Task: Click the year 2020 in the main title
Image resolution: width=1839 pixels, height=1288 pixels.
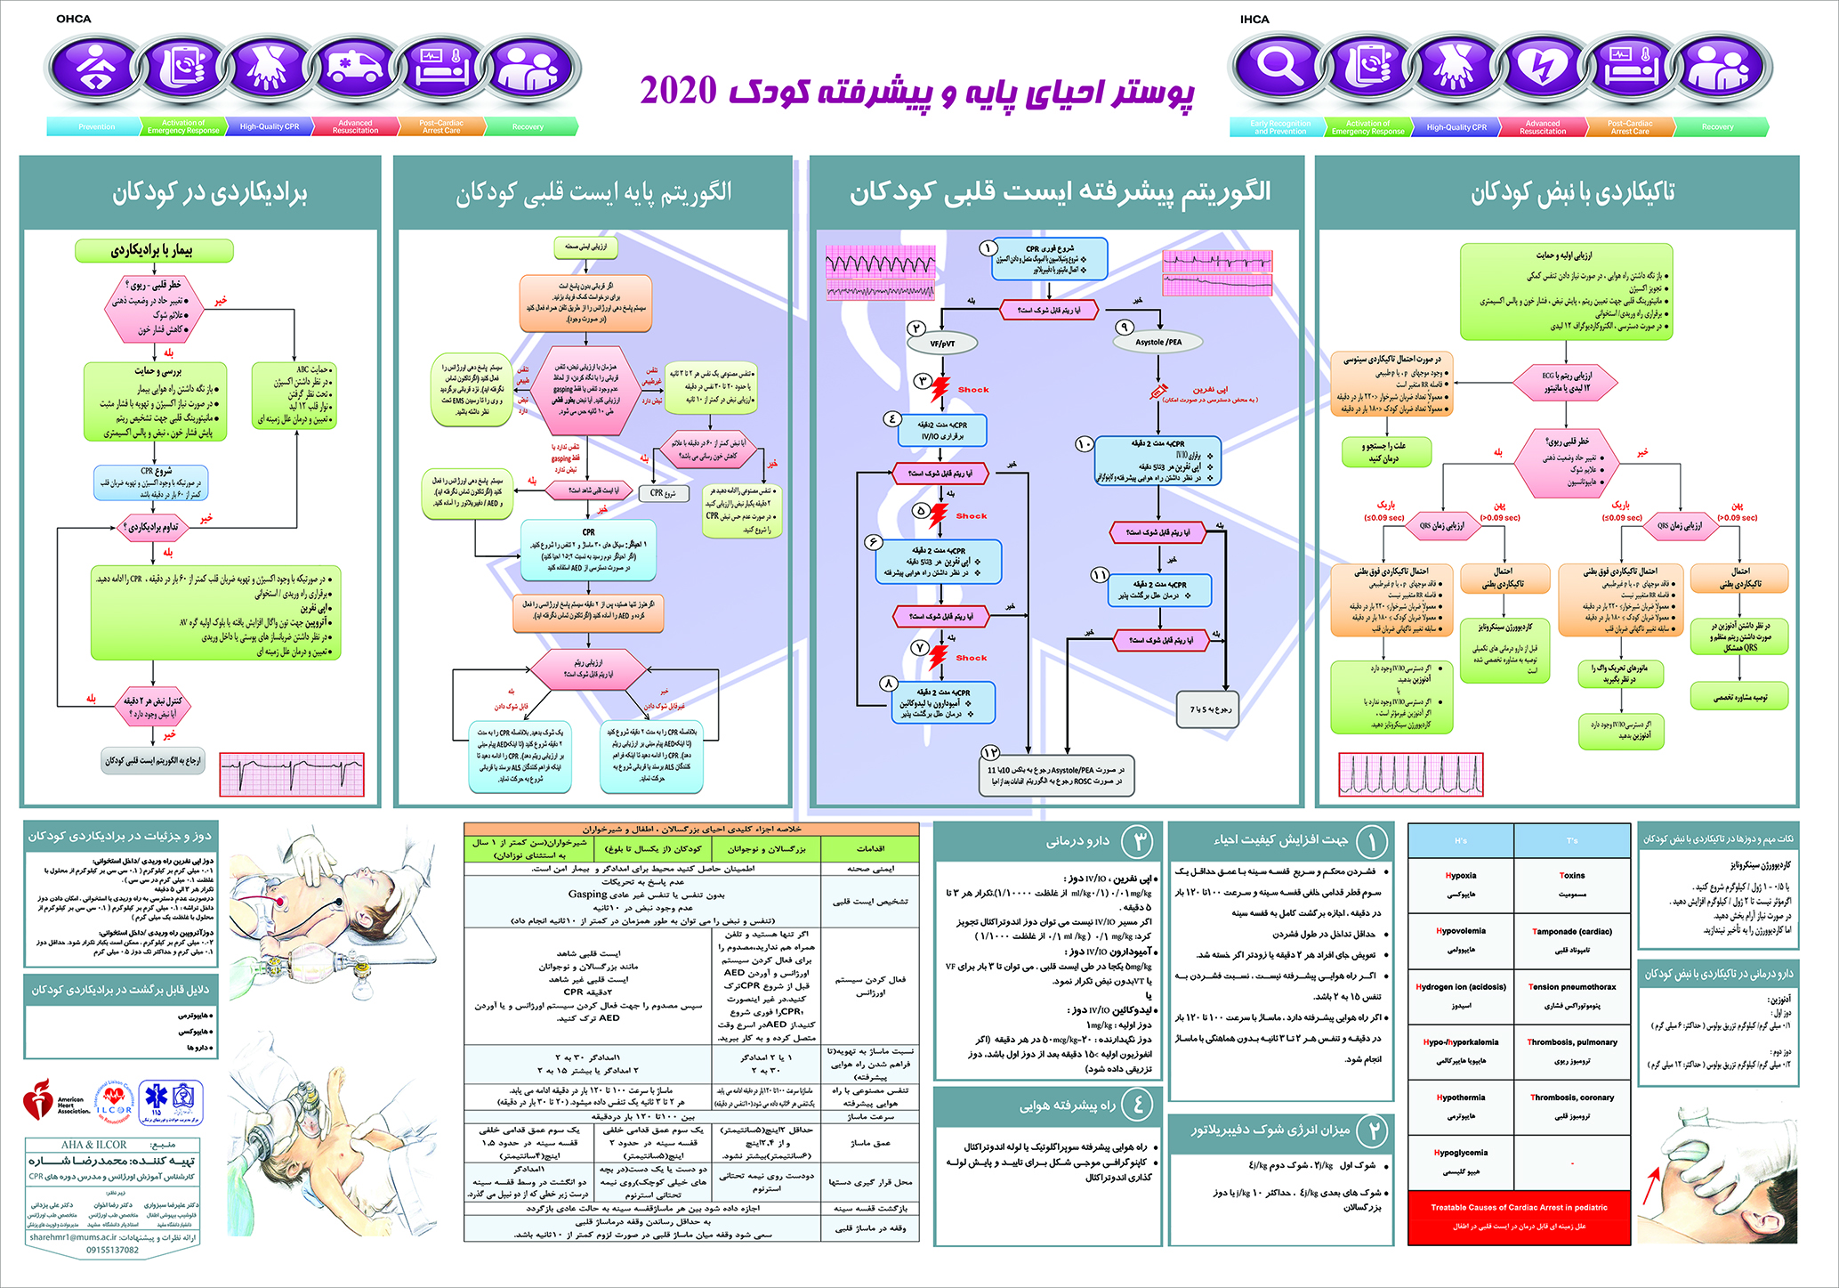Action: point(678,91)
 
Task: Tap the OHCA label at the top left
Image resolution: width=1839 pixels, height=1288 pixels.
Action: point(74,19)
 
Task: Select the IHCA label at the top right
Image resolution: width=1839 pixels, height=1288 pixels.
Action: point(1254,19)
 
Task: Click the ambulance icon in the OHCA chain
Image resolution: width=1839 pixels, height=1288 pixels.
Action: point(354,68)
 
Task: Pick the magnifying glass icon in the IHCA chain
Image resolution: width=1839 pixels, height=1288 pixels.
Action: point(1278,68)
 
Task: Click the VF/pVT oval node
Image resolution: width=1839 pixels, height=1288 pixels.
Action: point(942,343)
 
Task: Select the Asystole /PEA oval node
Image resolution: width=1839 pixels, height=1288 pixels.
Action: point(1158,342)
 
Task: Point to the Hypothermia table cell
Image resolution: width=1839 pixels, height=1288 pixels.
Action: point(1461,1105)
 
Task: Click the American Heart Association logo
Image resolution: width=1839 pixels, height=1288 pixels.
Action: point(53,1102)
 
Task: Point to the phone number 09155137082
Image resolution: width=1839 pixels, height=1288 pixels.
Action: point(112,1251)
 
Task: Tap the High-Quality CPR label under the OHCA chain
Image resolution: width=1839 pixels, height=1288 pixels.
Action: point(269,127)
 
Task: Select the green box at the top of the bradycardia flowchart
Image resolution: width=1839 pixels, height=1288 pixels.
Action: point(154,251)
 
